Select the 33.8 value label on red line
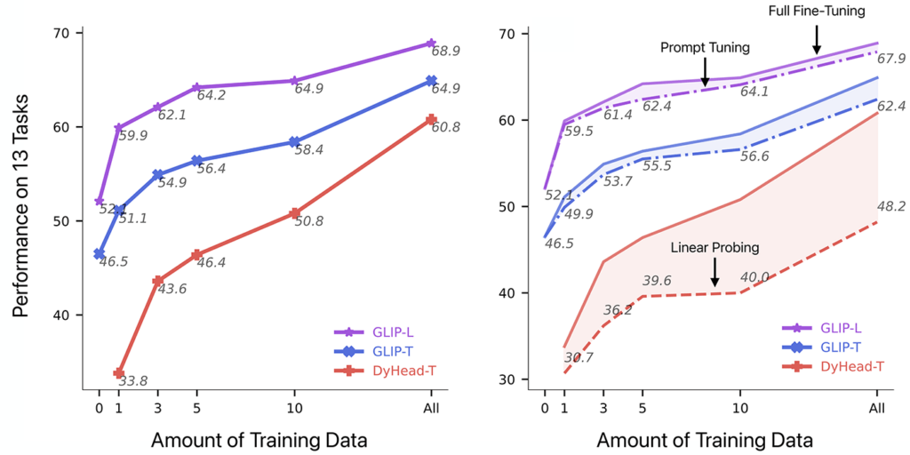click(132, 381)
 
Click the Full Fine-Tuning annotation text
click(817, 12)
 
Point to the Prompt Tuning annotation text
click(705, 47)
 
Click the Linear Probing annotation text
click(714, 246)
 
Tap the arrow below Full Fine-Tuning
click(817, 39)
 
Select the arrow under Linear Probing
click(714, 272)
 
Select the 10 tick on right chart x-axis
click(739, 408)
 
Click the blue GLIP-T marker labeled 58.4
click(293, 142)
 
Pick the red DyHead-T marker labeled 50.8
click(293, 213)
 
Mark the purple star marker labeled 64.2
click(196, 87)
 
